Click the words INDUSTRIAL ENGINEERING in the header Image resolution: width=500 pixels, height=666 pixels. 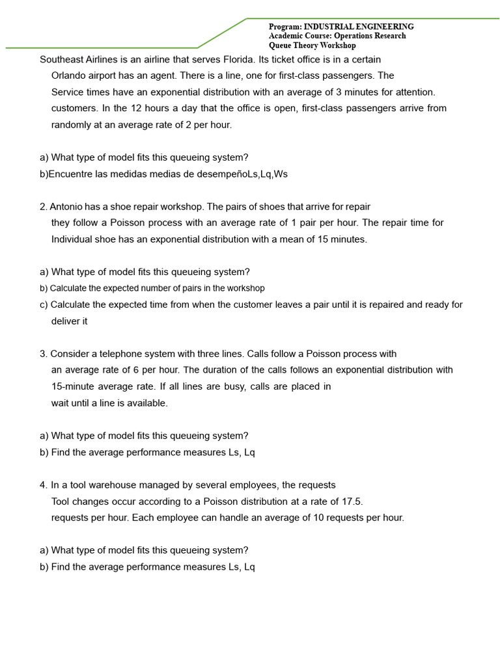click(x=359, y=27)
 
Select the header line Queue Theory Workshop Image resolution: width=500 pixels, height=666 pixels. click(x=312, y=46)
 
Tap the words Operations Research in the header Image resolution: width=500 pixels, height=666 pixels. click(x=370, y=36)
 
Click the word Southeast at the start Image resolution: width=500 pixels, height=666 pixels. click(x=62, y=59)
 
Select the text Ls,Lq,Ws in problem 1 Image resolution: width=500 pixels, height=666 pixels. click(x=268, y=174)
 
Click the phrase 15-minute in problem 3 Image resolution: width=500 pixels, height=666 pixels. click(x=74, y=386)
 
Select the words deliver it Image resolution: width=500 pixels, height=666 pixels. click(x=69, y=321)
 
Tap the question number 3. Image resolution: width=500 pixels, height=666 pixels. click(x=43, y=354)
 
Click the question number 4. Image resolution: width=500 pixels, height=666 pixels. click(x=43, y=485)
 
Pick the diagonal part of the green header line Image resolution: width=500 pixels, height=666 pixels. click(x=223, y=33)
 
